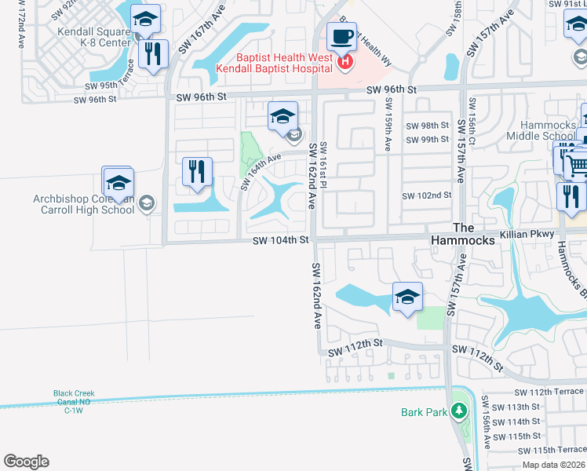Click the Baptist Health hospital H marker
tap(344, 61)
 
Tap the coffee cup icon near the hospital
tap(341, 36)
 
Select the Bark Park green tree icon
tap(458, 411)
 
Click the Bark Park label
tap(423, 411)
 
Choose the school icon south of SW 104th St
tap(407, 297)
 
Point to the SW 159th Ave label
tap(387, 126)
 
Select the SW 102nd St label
tap(427, 195)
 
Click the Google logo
tap(27, 462)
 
